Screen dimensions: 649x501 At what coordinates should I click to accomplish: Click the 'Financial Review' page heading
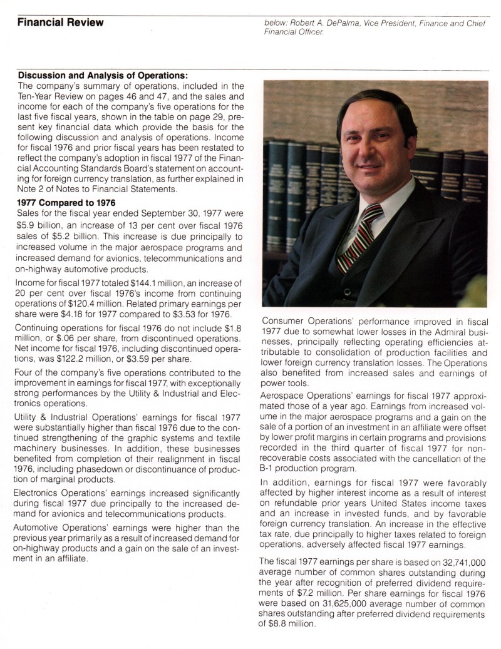click(x=60, y=23)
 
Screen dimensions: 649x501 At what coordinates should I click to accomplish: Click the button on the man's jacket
click(x=346, y=292)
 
